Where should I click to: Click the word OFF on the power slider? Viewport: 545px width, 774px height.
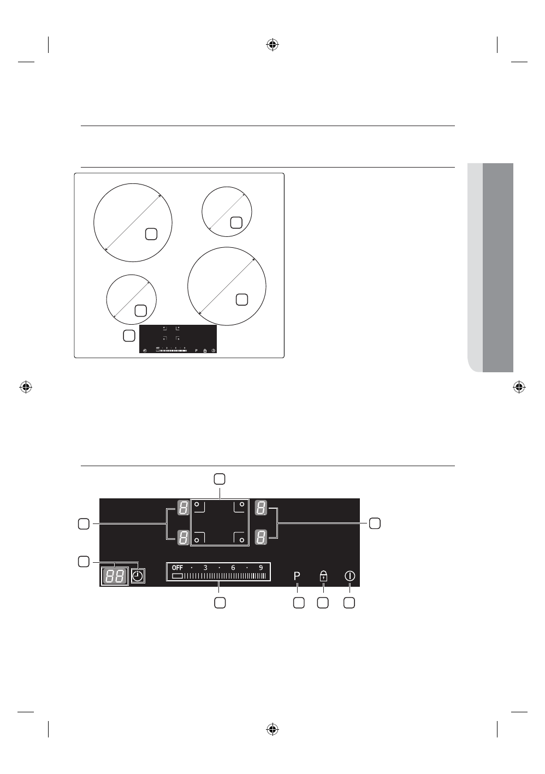(x=177, y=568)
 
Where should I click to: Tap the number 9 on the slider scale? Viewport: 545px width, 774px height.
(x=261, y=568)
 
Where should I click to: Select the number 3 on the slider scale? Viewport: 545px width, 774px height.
(x=205, y=568)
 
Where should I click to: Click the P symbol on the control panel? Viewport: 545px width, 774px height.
(x=297, y=576)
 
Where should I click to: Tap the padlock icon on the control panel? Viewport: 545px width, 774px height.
(x=323, y=576)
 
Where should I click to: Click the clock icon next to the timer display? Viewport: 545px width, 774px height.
(x=138, y=576)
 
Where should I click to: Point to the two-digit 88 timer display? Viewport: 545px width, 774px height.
(x=114, y=576)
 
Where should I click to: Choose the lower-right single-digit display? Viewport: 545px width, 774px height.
(x=261, y=538)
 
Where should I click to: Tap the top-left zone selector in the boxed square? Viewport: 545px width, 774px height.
(x=199, y=507)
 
